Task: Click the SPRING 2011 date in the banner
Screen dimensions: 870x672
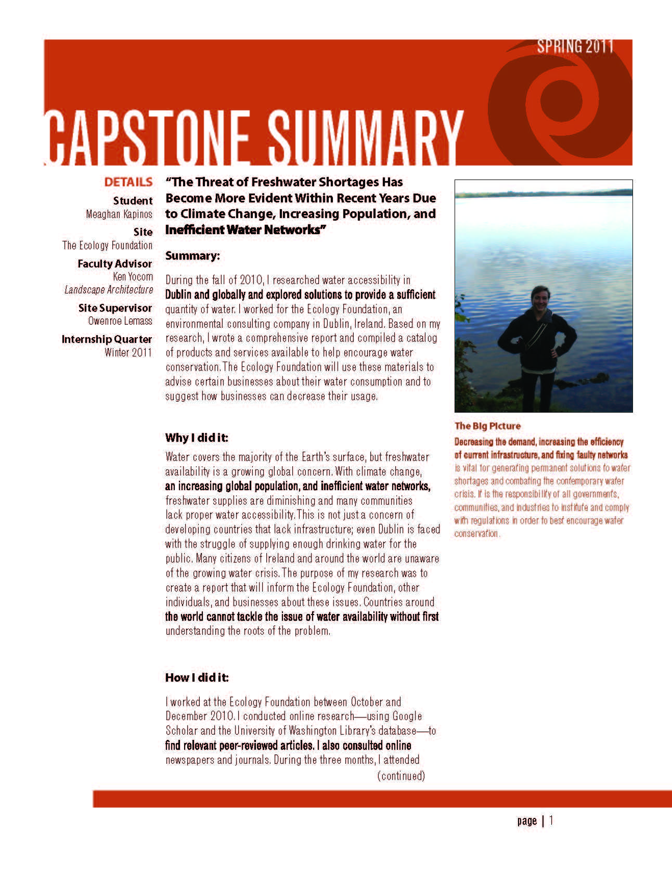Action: [575, 47]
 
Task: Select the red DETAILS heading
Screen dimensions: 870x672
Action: [128, 182]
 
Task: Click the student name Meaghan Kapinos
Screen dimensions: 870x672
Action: [119, 214]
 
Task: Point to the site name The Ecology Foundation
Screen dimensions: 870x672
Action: [108, 245]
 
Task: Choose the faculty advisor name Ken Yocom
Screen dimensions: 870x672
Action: [133, 276]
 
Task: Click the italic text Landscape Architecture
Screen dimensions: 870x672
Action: [109, 289]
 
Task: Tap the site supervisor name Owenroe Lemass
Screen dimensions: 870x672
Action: [120, 321]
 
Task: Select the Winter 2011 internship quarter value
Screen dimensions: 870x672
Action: [128, 352]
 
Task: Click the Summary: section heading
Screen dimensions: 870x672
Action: [192, 255]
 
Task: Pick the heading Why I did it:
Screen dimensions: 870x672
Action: [197, 438]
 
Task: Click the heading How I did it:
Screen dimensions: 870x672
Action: [197, 677]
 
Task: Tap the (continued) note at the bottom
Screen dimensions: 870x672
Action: [401, 776]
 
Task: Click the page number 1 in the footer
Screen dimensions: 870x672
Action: [551, 821]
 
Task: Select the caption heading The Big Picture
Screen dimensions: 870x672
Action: [487, 426]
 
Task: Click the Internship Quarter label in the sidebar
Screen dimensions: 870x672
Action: [107, 339]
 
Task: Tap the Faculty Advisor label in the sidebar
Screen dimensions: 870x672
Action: [114, 264]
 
